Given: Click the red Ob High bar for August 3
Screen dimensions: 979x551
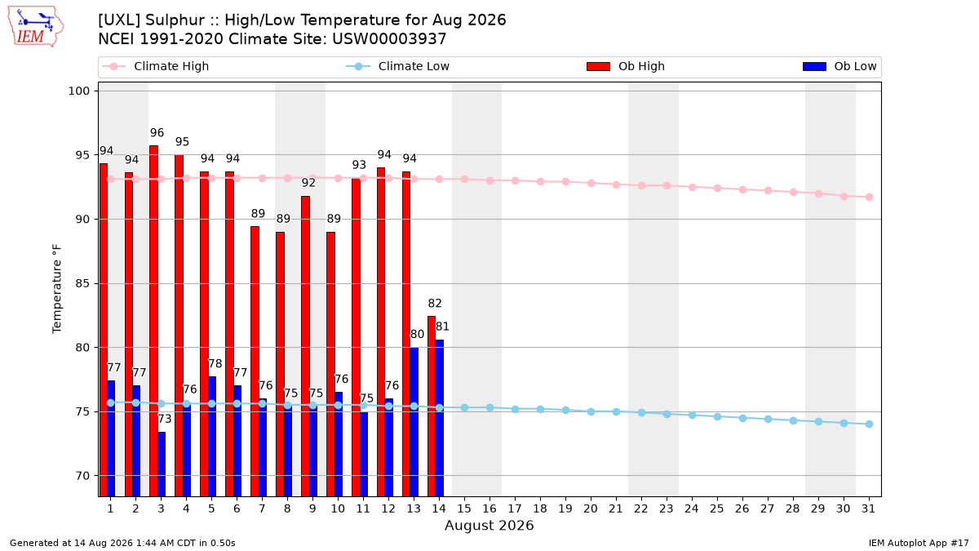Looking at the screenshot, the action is (154, 321).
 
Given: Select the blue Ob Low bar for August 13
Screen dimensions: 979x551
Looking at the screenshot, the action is (414, 422).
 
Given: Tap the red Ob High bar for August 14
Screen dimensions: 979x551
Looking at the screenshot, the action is (432, 407).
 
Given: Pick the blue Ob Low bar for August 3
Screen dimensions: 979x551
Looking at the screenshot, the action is (162, 464).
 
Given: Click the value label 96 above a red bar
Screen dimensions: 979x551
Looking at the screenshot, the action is (157, 133).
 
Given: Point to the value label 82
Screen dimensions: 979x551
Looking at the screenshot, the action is (435, 304).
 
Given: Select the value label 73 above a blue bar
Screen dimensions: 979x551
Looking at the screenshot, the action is (165, 419).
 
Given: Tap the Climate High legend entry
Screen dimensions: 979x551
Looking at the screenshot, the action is (155, 66).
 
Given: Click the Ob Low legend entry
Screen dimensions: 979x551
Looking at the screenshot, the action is (839, 66).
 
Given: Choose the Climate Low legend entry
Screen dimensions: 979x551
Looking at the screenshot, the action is (398, 66).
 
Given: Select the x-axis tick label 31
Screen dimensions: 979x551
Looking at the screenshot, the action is (868, 509).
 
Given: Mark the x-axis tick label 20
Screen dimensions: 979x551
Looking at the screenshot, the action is (591, 509).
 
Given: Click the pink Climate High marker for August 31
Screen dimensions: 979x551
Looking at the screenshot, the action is (869, 198).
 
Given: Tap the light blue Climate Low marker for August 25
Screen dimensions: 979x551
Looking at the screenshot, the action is (717, 417).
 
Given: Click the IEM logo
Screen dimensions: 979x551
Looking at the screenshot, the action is (36, 27).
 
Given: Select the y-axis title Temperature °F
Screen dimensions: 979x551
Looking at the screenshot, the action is (57, 289).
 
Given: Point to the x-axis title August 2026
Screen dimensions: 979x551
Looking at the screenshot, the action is (489, 525).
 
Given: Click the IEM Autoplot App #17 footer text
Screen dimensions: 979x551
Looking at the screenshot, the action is (919, 543).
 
